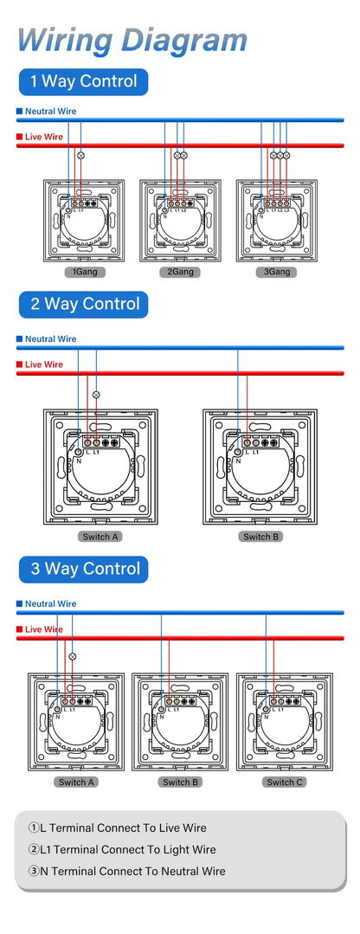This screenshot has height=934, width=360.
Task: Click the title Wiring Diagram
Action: [x=132, y=40]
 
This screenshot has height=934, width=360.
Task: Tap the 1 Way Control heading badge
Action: [x=83, y=82]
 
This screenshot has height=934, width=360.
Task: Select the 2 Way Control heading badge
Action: [x=84, y=305]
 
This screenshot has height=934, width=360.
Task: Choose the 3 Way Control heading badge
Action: [x=84, y=570]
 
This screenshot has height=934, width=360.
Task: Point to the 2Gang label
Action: [x=180, y=272]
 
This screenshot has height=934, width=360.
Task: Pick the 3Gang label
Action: [x=277, y=272]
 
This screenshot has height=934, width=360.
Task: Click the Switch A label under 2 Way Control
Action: [x=100, y=537]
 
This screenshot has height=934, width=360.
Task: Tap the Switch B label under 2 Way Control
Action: [x=257, y=537]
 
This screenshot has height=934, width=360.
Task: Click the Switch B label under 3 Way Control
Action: [x=179, y=782]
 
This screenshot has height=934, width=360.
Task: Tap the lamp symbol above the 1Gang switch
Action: [x=81, y=155]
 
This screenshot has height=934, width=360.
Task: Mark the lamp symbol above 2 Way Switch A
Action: [x=96, y=395]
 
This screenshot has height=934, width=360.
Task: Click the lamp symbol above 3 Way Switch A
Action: [x=72, y=657]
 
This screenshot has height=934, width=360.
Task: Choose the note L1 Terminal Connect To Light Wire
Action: [x=121, y=850]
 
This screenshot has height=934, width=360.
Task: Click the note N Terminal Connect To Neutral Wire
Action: [x=126, y=872]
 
